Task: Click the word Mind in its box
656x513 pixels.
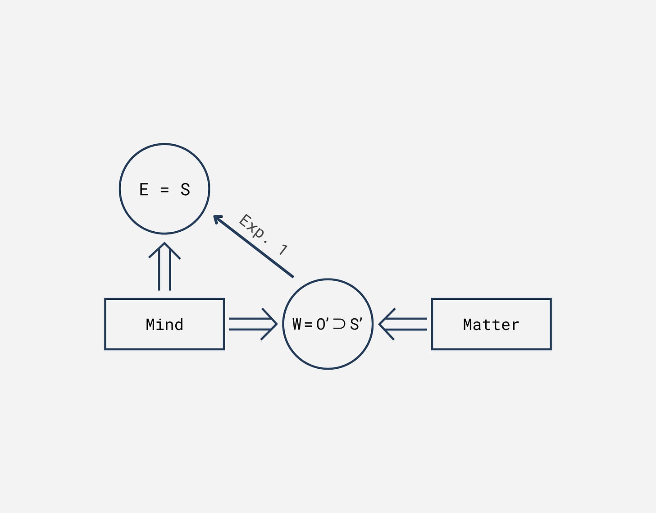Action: pos(164,325)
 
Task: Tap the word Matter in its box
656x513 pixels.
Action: pos(491,325)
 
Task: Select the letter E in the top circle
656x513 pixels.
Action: pos(144,189)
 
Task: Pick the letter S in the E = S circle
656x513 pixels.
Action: pos(185,189)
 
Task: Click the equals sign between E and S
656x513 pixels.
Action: pos(164,190)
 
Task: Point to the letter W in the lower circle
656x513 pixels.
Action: pos(297,324)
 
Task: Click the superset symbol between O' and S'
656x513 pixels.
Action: pos(339,324)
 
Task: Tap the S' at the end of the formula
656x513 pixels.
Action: pos(356,324)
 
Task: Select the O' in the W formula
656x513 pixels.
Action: pos(322,324)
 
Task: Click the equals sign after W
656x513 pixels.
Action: pos(308,325)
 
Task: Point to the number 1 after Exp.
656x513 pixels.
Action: pos(283,249)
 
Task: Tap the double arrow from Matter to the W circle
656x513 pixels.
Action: pos(403,324)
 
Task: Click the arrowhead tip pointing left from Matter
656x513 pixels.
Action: pos(380,324)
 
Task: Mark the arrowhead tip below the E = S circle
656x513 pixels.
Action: pos(164,244)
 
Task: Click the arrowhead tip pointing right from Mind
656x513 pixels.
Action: pos(276,324)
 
